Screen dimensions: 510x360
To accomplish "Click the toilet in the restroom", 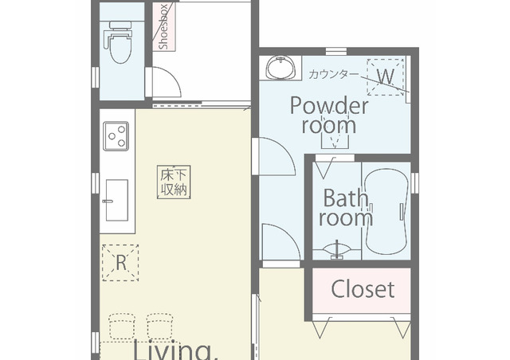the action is click(x=119, y=42).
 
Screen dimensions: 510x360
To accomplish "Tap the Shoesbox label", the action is click(x=164, y=27).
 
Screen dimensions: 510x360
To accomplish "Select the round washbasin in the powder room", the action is click(x=280, y=68).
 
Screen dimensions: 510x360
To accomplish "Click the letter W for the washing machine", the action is click(x=386, y=76).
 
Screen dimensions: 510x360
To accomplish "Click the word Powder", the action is click(x=329, y=105).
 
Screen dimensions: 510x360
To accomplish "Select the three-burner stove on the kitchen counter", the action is click(x=116, y=136).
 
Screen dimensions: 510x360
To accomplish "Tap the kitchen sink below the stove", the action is click(x=116, y=200).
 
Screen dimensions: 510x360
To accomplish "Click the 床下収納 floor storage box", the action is click(x=174, y=182).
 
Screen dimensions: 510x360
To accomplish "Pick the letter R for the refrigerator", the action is click(x=121, y=263).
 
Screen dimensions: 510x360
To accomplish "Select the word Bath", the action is click(x=345, y=198).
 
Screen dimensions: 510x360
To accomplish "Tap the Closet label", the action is click(x=363, y=289).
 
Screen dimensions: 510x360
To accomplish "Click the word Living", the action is click(x=175, y=350).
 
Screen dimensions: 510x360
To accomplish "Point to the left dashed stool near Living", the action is click(x=122, y=327).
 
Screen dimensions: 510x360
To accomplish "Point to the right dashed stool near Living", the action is click(x=159, y=327).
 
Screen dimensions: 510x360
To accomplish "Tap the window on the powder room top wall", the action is click(x=336, y=52).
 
